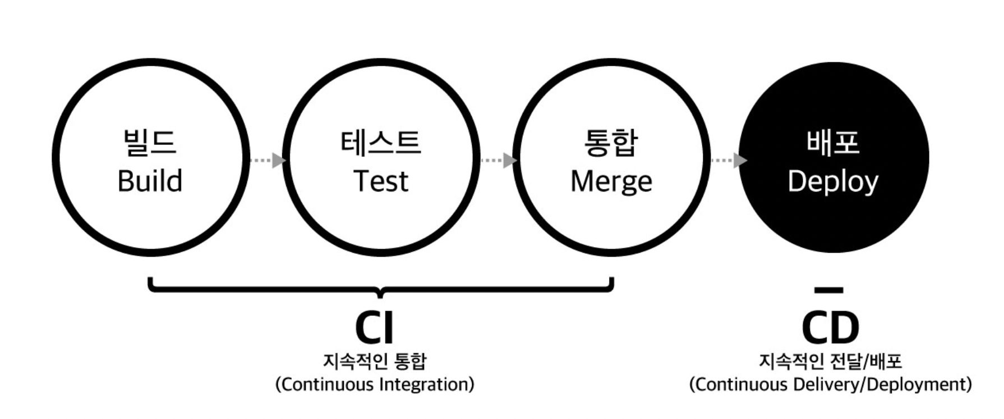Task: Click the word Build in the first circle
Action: pos(150,181)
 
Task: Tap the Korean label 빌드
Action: pos(149,143)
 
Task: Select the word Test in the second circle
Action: pos(381,181)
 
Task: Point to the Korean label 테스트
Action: pos(381,143)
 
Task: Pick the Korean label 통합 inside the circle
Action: pos(611,143)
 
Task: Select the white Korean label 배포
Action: pos(833,143)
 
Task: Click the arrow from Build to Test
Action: pos(268,160)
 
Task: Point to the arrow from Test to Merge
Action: pos(499,160)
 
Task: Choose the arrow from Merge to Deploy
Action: pos(729,160)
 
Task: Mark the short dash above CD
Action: pos(828,290)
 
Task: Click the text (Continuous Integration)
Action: pos(375,385)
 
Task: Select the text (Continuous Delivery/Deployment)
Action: pos(830,385)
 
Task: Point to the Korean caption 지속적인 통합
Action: pos(375,361)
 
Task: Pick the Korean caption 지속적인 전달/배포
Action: pos(830,361)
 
